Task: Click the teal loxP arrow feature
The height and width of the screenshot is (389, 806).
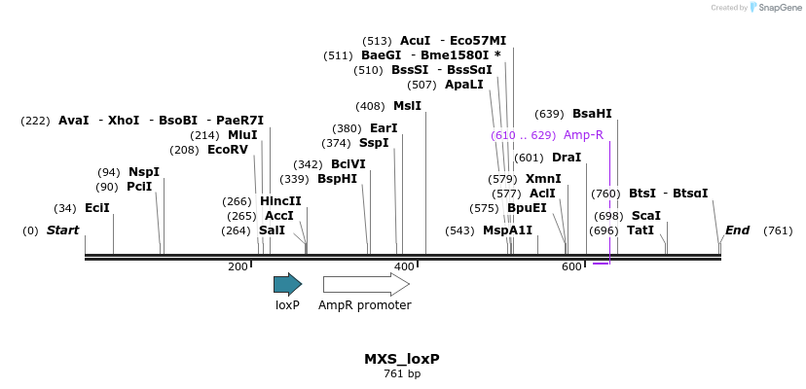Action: coord(287,284)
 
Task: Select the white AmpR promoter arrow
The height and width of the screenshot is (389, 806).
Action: coord(365,284)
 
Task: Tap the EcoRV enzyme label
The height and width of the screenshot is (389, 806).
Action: coord(229,150)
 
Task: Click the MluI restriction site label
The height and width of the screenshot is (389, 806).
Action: coord(242,135)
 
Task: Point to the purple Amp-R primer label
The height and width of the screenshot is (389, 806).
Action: coord(583,135)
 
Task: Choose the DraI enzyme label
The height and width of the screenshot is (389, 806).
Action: coord(566,158)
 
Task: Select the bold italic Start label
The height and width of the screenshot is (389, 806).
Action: coord(63,230)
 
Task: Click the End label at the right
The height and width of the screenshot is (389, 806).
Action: coord(737,230)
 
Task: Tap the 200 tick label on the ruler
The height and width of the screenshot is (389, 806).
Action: coord(238,266)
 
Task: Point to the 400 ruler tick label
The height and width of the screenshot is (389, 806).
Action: coord(404,266)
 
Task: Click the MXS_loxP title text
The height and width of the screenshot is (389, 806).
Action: coord(402,359)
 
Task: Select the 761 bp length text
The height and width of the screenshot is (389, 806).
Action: coord(402,373)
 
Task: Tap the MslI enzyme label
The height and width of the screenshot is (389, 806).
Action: coord(407,106)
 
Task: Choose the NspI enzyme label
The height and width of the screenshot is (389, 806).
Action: coord(144,172)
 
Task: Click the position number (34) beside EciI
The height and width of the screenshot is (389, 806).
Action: coord(65,208)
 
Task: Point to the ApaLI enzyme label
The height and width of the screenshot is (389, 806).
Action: coord(463,85)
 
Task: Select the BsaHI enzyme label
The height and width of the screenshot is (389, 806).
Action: coord(592,114)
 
